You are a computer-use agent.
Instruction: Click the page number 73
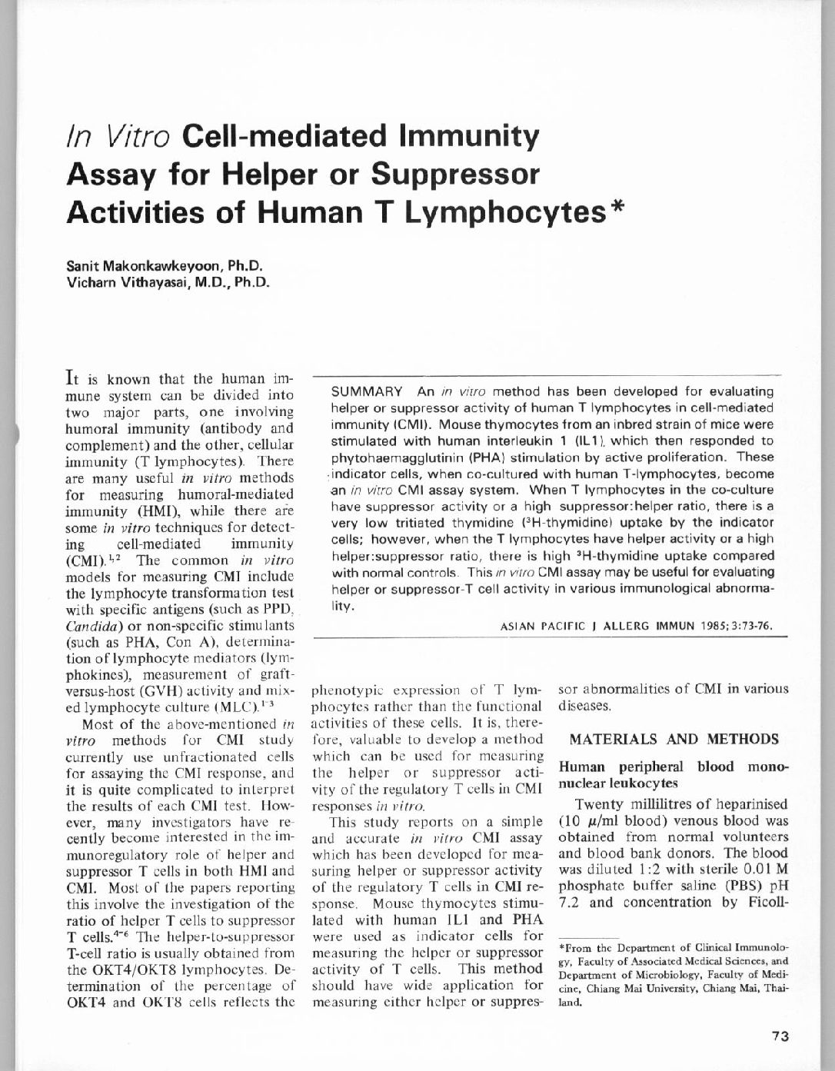(780, 1036)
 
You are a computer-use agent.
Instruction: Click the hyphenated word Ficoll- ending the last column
(762, 902)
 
